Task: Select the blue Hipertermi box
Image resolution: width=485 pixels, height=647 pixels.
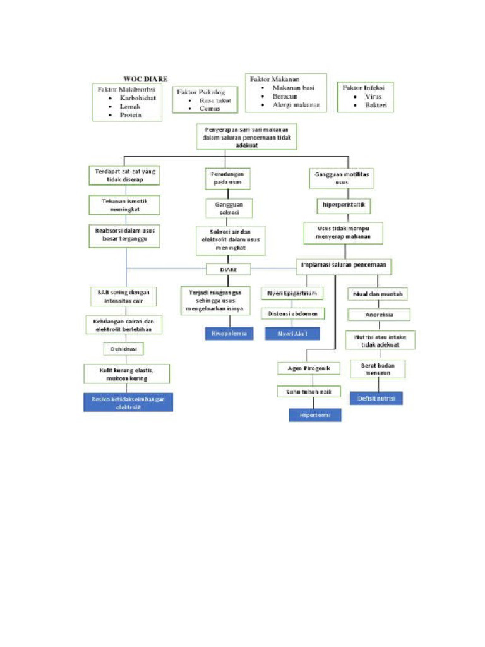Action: coord(315,414)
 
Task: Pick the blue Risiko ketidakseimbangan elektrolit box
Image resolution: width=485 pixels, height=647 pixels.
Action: coord(128,402)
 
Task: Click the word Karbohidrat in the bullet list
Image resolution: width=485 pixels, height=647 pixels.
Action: coord(138,98)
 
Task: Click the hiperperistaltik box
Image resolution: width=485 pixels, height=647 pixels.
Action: coord(342,205)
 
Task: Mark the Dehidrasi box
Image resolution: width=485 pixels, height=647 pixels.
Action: coord(124,348)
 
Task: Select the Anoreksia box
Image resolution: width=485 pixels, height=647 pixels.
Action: coord(379,314)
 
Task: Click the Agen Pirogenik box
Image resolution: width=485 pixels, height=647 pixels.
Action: coord(309,368)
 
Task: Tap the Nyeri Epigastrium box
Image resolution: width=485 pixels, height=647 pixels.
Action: coord(292,293)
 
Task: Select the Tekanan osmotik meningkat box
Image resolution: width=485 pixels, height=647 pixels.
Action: coord(124,204)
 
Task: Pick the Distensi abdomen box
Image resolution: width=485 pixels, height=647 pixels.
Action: coord(292,313)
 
